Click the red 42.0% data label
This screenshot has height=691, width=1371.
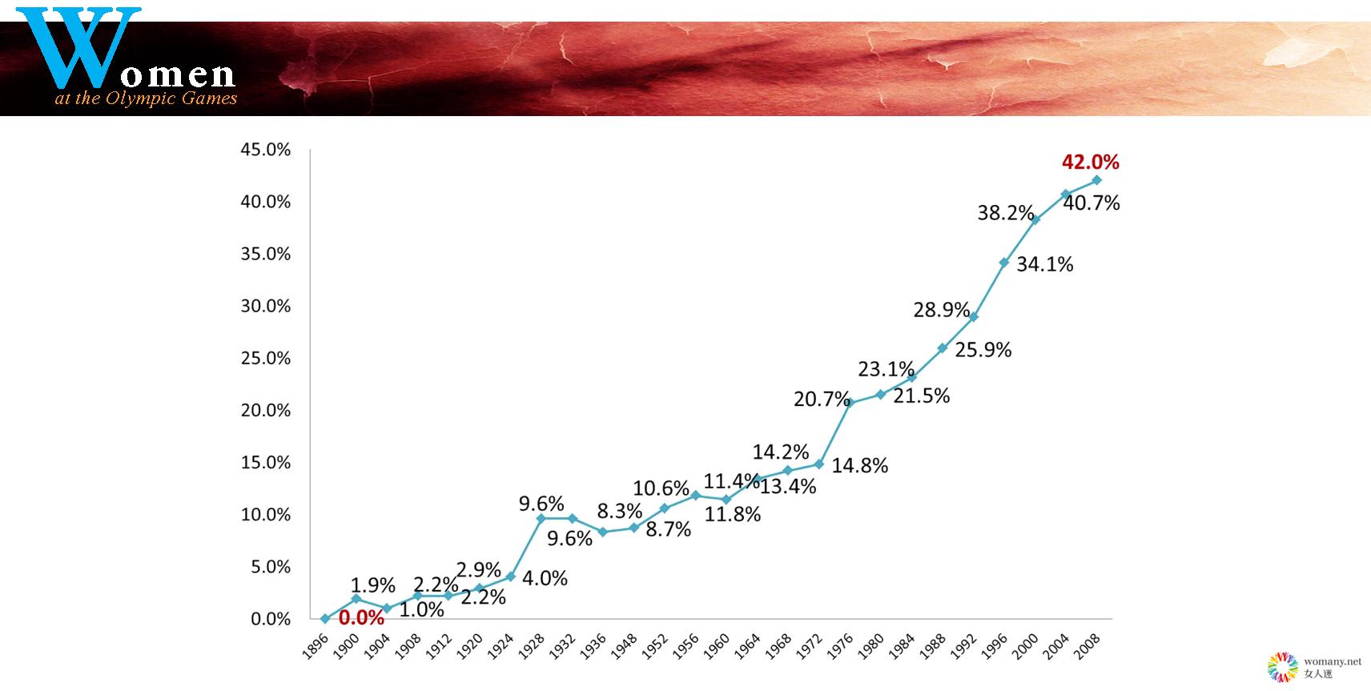point(1090,162)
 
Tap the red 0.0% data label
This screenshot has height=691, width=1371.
point(361,618)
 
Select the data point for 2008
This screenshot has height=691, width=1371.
point(1096,180)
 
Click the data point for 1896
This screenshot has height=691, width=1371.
point(324,618)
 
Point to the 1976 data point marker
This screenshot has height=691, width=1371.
point(850,403)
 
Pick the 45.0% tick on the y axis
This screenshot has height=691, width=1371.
point(265,150)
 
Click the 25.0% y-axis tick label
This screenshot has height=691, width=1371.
point(265,359)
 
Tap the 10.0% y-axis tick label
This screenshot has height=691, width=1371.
point(265,515)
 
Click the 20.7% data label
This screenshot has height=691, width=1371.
point(821,398)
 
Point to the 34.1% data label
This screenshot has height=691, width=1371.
point(1044,264)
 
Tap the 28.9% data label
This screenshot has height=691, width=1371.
point(941,310)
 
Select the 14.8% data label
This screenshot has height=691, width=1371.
point(859,465)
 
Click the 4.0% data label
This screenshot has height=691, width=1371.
point(545,578)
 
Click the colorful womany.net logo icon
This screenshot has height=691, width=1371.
point(1282,667)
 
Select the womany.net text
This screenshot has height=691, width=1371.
point(1332,662)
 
